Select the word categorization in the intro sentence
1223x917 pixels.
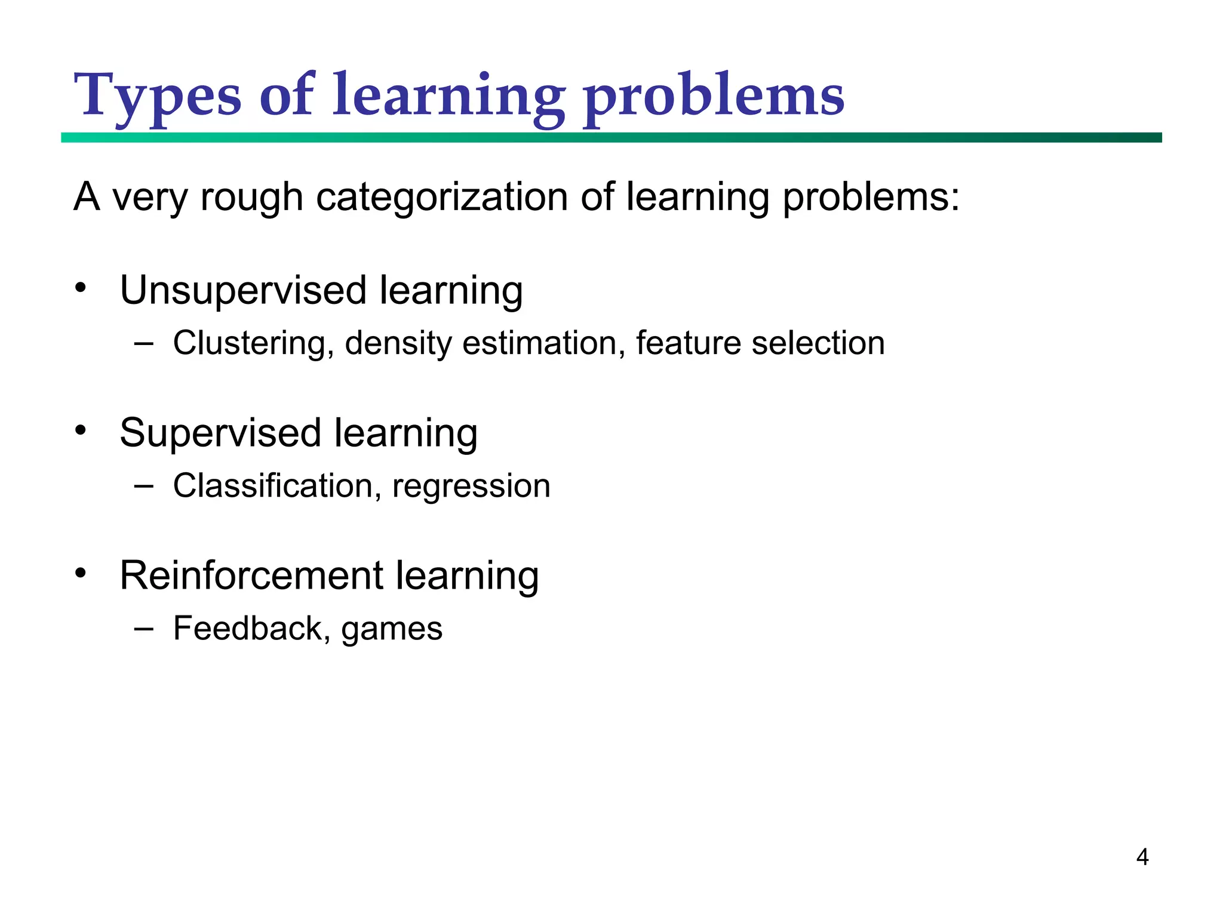coord(442,197)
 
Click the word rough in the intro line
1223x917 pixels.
coord(251,197)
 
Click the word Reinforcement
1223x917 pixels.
coord(251,576)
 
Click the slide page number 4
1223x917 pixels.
coord(1142,857)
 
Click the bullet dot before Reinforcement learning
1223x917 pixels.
coord(81,573)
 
